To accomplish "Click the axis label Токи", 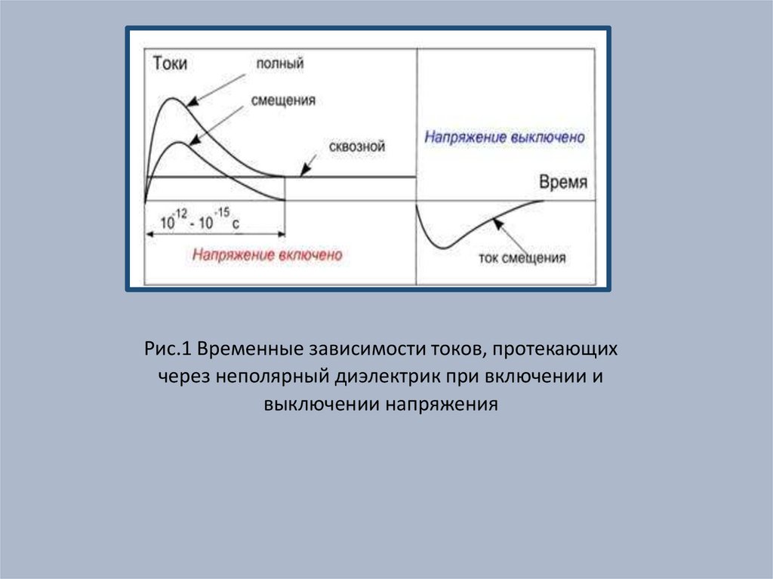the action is (170, 64).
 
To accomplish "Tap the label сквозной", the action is (357, 147).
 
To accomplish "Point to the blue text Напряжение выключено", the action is (504, 139).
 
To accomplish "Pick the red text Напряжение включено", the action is (266, 255).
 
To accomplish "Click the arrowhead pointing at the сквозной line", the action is (304, 172).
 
